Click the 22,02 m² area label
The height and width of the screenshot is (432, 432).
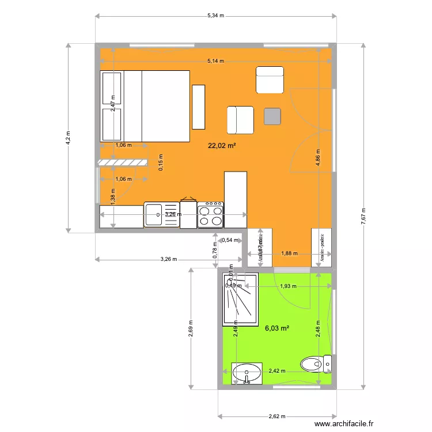point(222,146)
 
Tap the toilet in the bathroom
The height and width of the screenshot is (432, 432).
point(316,364)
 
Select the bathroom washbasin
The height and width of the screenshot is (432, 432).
point(247,373)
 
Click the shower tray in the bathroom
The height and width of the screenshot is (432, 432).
point(241,300)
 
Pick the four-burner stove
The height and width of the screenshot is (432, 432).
point(211,214)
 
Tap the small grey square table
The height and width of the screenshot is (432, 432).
point(272,116)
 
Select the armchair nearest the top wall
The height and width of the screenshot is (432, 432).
point(270,79)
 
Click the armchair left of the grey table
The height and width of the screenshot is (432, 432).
point(240,120)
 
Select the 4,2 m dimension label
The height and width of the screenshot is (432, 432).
point(68,137)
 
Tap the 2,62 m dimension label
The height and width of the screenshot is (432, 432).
point(278,416)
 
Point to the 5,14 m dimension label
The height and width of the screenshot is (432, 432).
point(215,60)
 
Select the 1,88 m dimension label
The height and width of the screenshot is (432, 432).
point(290,252)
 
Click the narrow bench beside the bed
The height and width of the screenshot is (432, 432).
point(199,107)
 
